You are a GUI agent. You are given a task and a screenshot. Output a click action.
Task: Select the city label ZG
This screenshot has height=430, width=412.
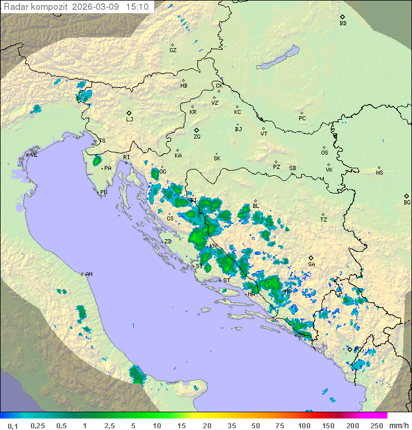(197, 137)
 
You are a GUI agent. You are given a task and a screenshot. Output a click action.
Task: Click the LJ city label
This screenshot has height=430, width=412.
(129, 119)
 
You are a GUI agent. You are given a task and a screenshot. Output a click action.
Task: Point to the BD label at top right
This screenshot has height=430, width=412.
(343, 23)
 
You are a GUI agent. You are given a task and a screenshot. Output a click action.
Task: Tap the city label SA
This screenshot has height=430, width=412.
(311, 264)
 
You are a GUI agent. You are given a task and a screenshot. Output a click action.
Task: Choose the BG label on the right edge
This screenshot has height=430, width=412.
(407, 202)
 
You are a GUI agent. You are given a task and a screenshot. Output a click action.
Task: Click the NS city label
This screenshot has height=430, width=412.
(379, 172)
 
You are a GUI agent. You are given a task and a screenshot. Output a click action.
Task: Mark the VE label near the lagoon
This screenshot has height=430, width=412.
(34, 155)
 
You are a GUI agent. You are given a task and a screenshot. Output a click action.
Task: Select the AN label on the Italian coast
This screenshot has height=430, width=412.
(89, 274)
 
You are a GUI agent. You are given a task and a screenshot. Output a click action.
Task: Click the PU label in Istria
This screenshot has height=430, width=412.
(104, 192)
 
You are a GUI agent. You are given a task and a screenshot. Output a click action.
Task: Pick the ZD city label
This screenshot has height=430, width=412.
(168, 242)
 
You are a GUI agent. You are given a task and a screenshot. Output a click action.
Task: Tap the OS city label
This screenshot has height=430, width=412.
(324, 152)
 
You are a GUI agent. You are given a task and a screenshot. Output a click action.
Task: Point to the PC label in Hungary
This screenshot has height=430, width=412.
(302, 119)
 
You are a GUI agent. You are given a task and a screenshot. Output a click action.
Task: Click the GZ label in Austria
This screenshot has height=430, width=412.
(173, 50)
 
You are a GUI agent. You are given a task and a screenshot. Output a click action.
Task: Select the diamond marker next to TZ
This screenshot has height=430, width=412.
(323, 214)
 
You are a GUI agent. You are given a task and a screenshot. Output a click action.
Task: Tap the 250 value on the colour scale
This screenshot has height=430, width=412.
(376, 425)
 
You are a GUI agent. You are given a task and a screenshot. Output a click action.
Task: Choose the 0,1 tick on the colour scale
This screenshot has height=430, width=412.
(13, 425)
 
